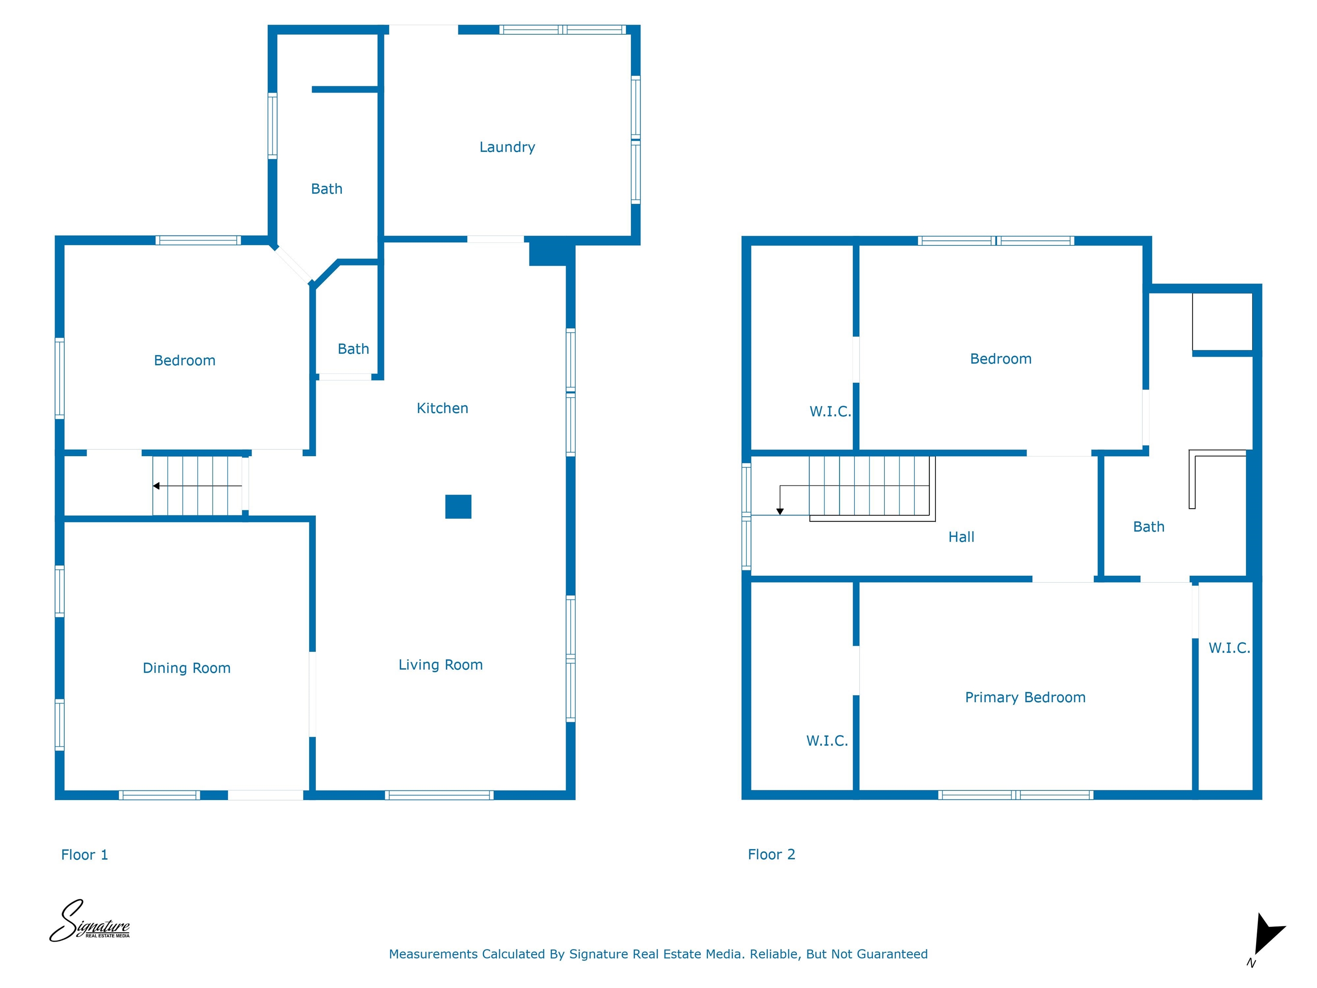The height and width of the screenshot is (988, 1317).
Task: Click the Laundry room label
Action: tap(507, 147)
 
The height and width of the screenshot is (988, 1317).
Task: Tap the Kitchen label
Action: tap(442, 408)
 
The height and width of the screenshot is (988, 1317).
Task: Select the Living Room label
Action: tap(441, 665)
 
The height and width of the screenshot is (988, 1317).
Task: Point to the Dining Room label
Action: tap(186, 668)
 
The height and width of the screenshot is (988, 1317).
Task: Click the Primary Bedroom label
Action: tap(1025, 697)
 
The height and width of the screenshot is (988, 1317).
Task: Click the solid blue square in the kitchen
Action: tap(458, 507)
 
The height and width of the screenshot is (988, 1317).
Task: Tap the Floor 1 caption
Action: tap(84, 855)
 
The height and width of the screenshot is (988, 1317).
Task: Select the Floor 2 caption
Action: tap(772, 854)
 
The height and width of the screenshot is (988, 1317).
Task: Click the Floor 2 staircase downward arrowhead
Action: tap(780, 512)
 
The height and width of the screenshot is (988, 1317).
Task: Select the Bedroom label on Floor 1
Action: tap(185, 360)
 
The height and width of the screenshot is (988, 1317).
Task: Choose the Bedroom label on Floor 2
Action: tap(1001, 358)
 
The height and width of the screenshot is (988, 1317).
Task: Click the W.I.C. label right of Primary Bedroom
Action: tap(1230, 648)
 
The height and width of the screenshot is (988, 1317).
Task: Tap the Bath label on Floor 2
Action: tap(1149, 527)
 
